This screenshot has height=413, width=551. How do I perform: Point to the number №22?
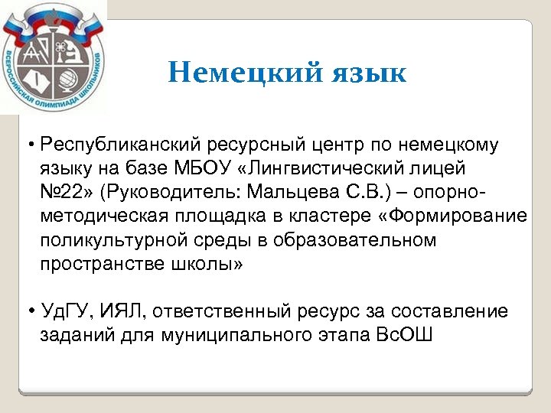point(68,191)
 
